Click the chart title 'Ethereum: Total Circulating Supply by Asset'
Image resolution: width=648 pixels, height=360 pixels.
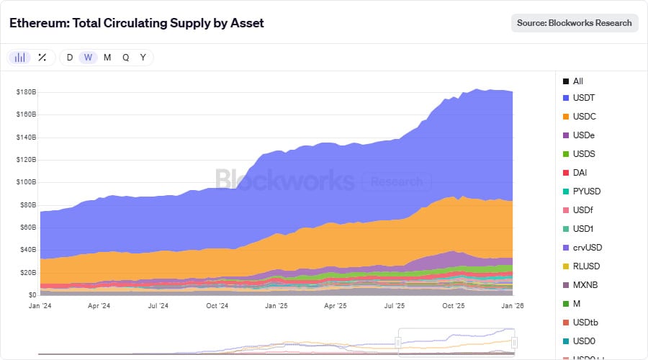click(137, 23)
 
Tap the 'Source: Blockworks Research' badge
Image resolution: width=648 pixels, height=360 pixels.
click(574, 23)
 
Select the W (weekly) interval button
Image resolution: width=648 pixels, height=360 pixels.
click(88, 58)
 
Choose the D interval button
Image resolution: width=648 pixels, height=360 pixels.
click(70, 58)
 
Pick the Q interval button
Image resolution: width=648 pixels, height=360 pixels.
click(125, 58)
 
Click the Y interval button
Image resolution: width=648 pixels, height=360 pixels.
click(143, 58)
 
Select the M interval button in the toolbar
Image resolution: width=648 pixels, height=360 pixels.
click(107, 58)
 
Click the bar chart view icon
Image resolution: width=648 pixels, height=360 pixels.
click(20, 58)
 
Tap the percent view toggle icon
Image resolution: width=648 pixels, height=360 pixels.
click(42, 58)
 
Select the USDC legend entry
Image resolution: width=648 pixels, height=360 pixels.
click(584, 117)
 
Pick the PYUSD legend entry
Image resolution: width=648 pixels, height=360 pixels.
click(586, 192)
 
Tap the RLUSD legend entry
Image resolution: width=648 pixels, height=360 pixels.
click(586, 266)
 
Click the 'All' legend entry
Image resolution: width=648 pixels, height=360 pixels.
click(577, 81)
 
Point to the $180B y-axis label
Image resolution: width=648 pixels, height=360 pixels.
click(26, 92)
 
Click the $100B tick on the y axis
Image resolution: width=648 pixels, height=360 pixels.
click(26, 182)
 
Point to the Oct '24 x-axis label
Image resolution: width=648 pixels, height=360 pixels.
click(217, 306)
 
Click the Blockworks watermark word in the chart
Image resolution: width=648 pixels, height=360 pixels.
click(284, 179)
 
